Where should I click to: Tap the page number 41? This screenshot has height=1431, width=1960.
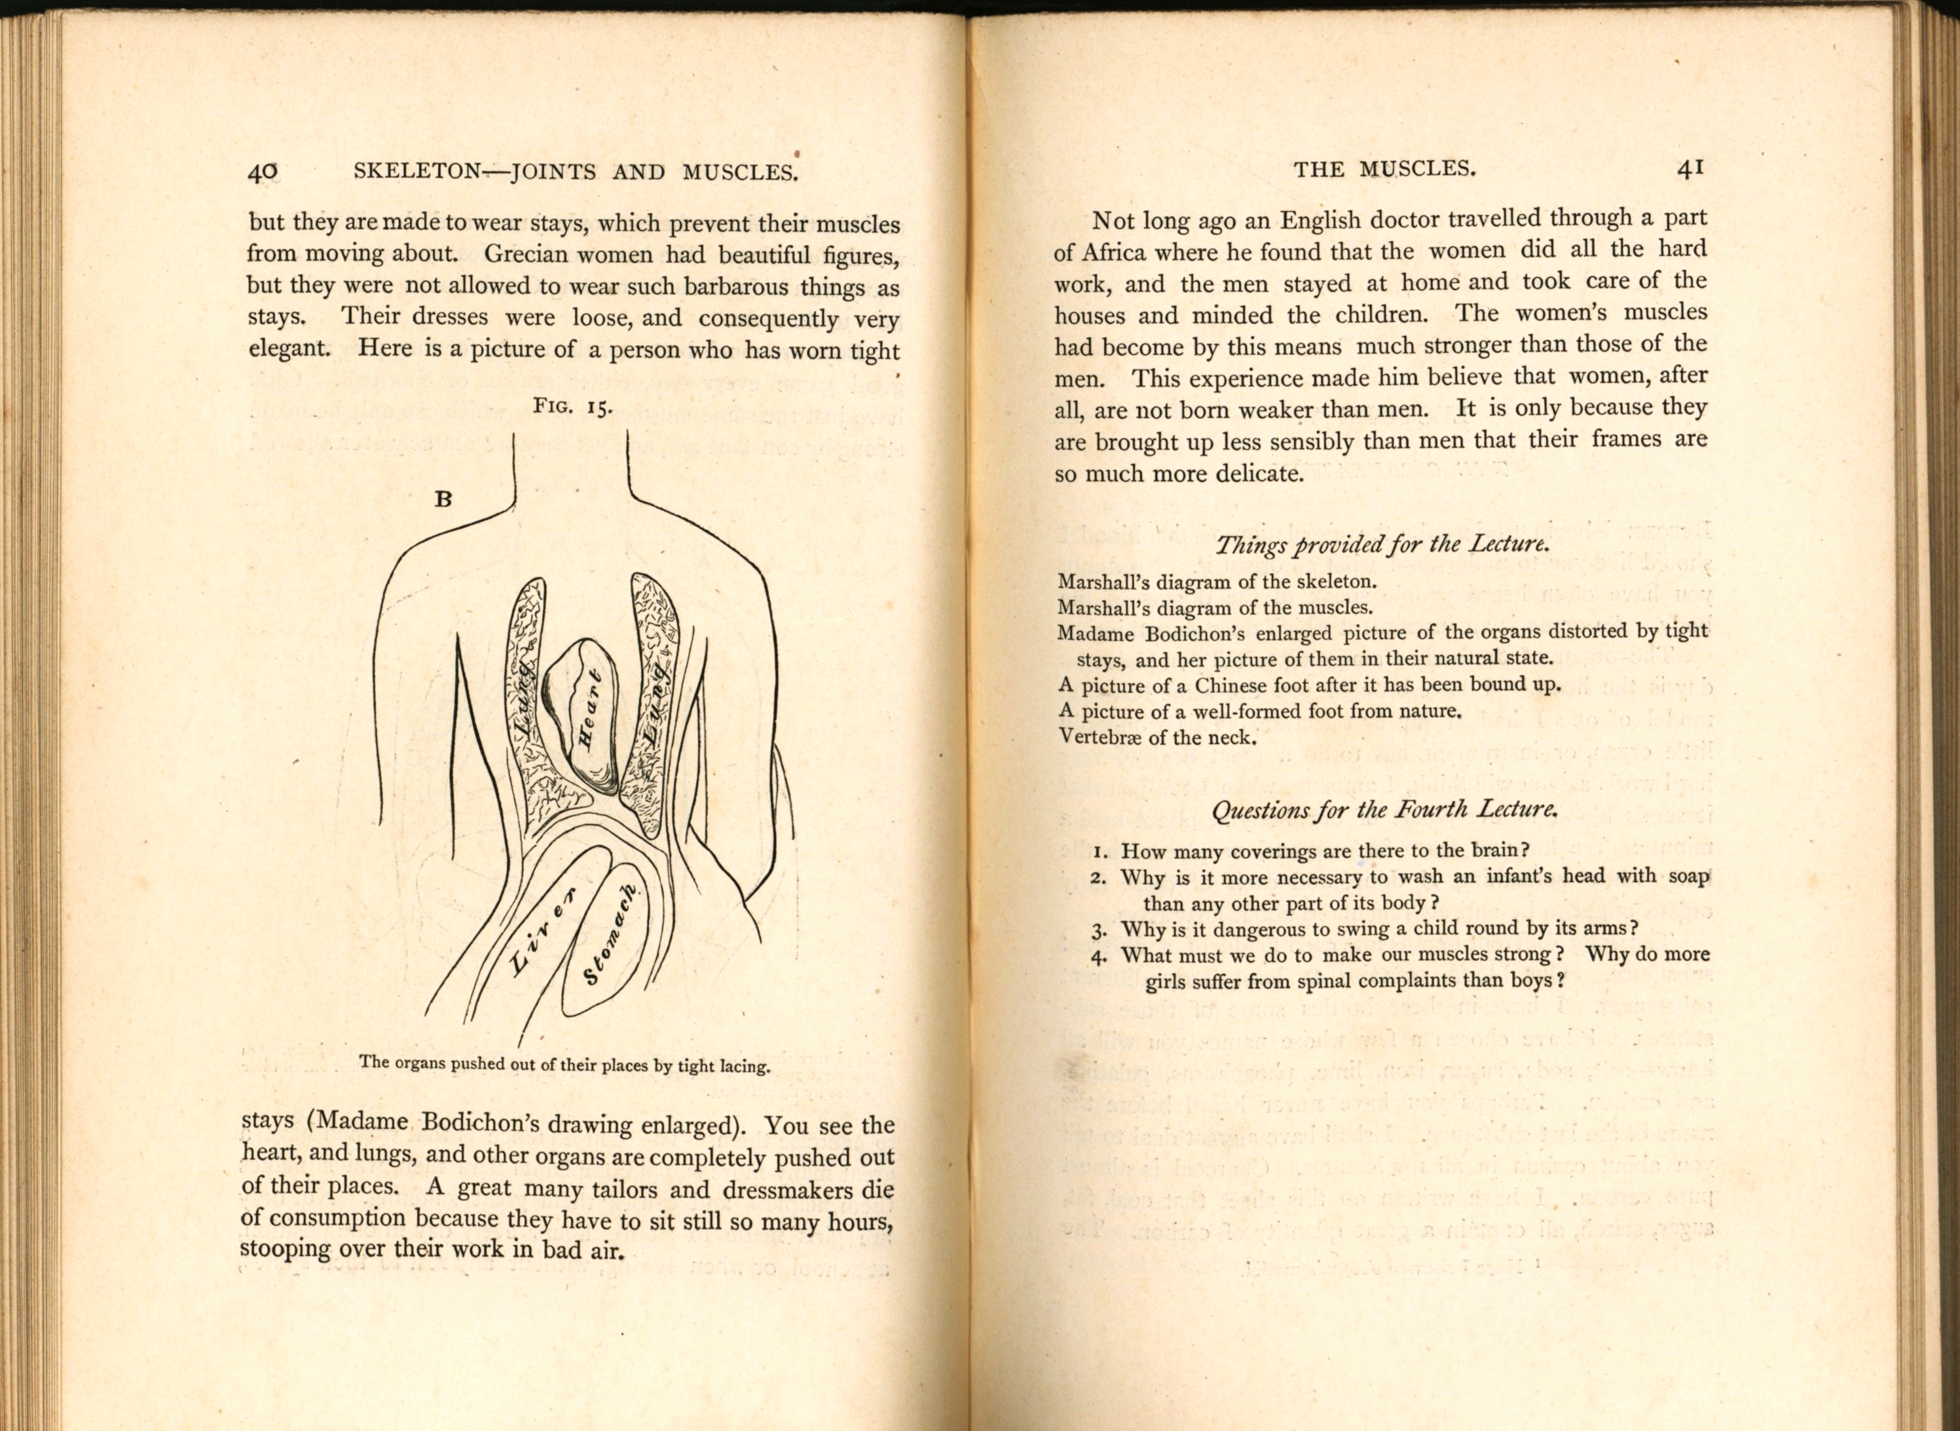[x=1691, y=169]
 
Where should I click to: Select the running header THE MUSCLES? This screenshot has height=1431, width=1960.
[x=1384, y=170]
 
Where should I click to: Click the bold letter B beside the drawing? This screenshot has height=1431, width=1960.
[x=443, y=499]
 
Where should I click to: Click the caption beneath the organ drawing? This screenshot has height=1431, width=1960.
[x=564, y=1065]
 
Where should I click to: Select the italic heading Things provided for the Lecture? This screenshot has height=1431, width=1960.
[x=1382, y=545]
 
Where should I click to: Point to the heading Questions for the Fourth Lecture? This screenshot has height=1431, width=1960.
[x=1384, y=810]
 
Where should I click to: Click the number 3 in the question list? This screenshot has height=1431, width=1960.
[x=1099, y=931]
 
